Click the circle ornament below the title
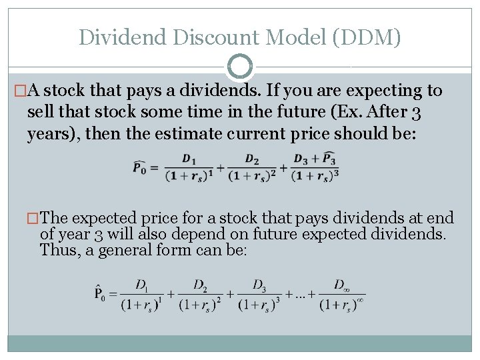click(240, 66)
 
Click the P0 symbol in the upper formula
click(141, 167)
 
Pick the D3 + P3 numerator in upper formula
click(315, 159)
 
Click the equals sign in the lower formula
click(114, 293)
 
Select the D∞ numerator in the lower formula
click(342, 285)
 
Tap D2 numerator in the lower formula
click(200, 285)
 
